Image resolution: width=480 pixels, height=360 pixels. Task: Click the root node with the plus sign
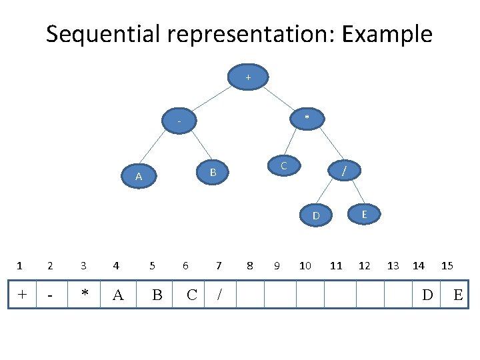tap(248, 77)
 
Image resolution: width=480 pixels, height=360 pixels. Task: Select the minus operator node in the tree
tap(179, 121)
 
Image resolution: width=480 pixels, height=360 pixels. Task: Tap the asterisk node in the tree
tap(307, 119)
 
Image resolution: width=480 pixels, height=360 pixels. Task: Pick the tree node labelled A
tap(139, 176)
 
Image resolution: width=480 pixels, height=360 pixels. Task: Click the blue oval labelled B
tap(213, 172)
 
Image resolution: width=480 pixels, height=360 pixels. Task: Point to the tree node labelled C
tap(284, 165)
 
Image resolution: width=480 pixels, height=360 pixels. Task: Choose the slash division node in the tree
tap(344, 170)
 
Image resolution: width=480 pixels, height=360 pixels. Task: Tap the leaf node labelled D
tap(316, 215)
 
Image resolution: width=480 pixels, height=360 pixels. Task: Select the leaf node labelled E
tap(364, 214)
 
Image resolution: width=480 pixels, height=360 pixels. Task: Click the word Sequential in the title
tap(103, 34)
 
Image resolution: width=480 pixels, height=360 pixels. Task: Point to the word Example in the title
tap(387, 34)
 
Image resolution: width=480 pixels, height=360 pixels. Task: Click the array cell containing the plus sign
tap(23, 294)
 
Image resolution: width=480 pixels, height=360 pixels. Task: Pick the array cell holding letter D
tap(427, 294)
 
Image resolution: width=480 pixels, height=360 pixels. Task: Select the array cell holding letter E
tap(454, 294)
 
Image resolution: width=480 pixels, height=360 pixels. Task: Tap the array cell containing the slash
tap(220, 294)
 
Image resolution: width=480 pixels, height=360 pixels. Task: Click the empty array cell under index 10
tap(310, 294)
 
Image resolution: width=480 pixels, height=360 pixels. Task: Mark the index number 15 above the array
tap(447, 266)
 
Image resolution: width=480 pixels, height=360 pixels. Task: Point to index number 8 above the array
tap(250, 266)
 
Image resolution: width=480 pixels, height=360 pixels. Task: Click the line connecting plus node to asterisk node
tap(279, 99)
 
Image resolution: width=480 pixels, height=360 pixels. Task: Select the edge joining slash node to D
tap(324, 191)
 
